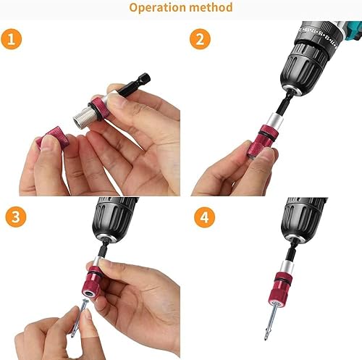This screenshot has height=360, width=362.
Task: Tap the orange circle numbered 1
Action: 12,39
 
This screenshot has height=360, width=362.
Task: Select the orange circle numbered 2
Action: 200,39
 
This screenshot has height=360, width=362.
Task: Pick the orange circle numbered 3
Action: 16,217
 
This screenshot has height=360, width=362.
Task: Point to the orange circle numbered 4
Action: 204,217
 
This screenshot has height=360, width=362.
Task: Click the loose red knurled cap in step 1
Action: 54,137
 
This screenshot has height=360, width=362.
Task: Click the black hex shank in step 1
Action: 134,84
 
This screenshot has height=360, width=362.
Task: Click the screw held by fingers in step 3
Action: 80,317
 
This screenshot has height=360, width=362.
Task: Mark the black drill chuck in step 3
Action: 113,219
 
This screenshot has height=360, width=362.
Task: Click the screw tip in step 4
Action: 266,339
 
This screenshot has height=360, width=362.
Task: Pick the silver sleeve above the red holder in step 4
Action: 287,267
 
